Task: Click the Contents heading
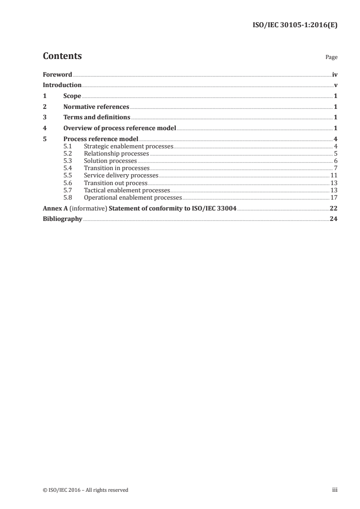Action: coord(62,56)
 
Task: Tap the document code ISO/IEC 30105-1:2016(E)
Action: coord(295,25)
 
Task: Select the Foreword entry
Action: coord(57,74)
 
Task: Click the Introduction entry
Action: coord(62,85)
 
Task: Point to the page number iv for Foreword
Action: coord(335,74)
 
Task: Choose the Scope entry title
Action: coord(72,96)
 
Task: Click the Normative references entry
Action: coord(96,107)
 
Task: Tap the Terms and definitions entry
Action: coord(97,117)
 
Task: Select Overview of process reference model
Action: coord(119,128)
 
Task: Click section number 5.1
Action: coord(68,146)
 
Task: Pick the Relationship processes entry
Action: coord(116,154)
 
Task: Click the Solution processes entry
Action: coord(110,161)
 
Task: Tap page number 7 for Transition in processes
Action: coord(335,168)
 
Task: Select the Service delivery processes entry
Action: coord(121,176)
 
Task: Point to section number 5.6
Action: coord(68,183)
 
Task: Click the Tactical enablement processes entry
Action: coord(127,191)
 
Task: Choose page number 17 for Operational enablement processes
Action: coord(334,198)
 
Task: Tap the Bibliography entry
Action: coord(62,219)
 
